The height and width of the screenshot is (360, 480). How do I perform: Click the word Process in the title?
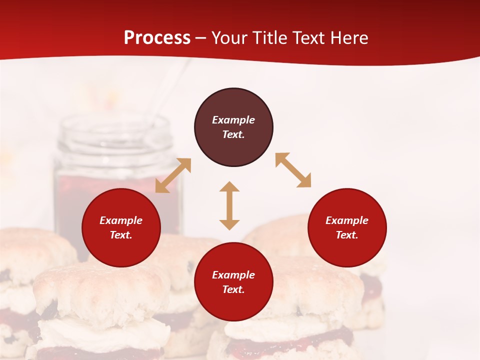coord(157,38)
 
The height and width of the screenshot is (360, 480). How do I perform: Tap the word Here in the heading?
coord(349,38)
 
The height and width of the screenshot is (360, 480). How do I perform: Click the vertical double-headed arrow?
coord(229,205)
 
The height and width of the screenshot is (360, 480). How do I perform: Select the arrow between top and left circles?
coord(173,175)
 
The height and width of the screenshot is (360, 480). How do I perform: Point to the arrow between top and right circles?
coord(293,170)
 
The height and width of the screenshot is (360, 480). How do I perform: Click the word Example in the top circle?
coord(233,120)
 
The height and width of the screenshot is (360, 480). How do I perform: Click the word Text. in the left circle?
coord(121,235)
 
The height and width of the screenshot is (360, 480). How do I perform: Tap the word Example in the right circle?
coord(347,220)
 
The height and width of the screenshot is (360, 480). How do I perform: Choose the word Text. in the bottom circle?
coord(233,289)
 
